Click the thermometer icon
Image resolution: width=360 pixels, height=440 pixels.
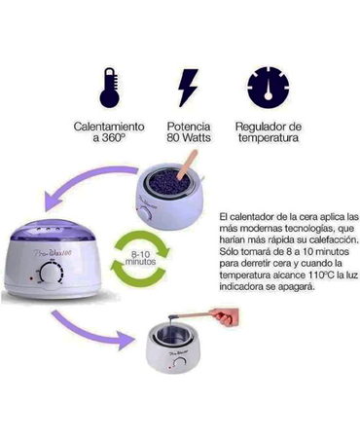coord(110,88)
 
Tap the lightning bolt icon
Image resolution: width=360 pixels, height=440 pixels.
coord(188,88)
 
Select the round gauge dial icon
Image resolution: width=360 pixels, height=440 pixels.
coord(268,88)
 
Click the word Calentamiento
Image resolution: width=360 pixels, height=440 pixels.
coord(109,127)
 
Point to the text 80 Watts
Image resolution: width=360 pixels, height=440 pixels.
coord(189,137)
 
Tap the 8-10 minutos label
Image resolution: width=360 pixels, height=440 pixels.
coord(140,258)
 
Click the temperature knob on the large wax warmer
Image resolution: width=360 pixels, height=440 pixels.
coord(51,274)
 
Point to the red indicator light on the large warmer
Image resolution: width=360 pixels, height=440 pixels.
coord(31,278)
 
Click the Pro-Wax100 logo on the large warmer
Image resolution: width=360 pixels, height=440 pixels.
coord(53,253)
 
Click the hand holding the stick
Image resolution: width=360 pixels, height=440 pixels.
coord(225,316)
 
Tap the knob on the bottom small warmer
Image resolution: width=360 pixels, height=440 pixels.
coord(179,364)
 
